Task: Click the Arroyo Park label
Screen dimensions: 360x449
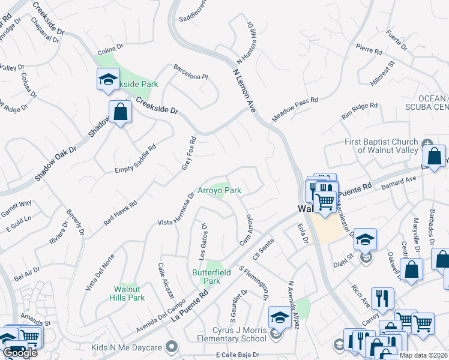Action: (x=219, y=191)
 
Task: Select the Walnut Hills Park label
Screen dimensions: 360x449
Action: (x=130, y=293)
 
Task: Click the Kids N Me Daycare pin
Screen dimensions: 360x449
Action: (x=172, y=347)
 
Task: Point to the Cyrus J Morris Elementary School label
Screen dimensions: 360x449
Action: (x=231, y=334)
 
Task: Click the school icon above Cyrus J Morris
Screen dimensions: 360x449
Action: (x=280, y=317)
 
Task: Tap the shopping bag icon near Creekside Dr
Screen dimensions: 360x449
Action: (x=120, y=112)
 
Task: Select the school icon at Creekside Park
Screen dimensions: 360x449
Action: (x=108, y=79)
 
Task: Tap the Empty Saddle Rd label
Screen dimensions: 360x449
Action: (x=135, y=159)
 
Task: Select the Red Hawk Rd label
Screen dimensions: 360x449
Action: (x=120, y=212)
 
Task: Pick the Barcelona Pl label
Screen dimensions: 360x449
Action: (x=190, y=72)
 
